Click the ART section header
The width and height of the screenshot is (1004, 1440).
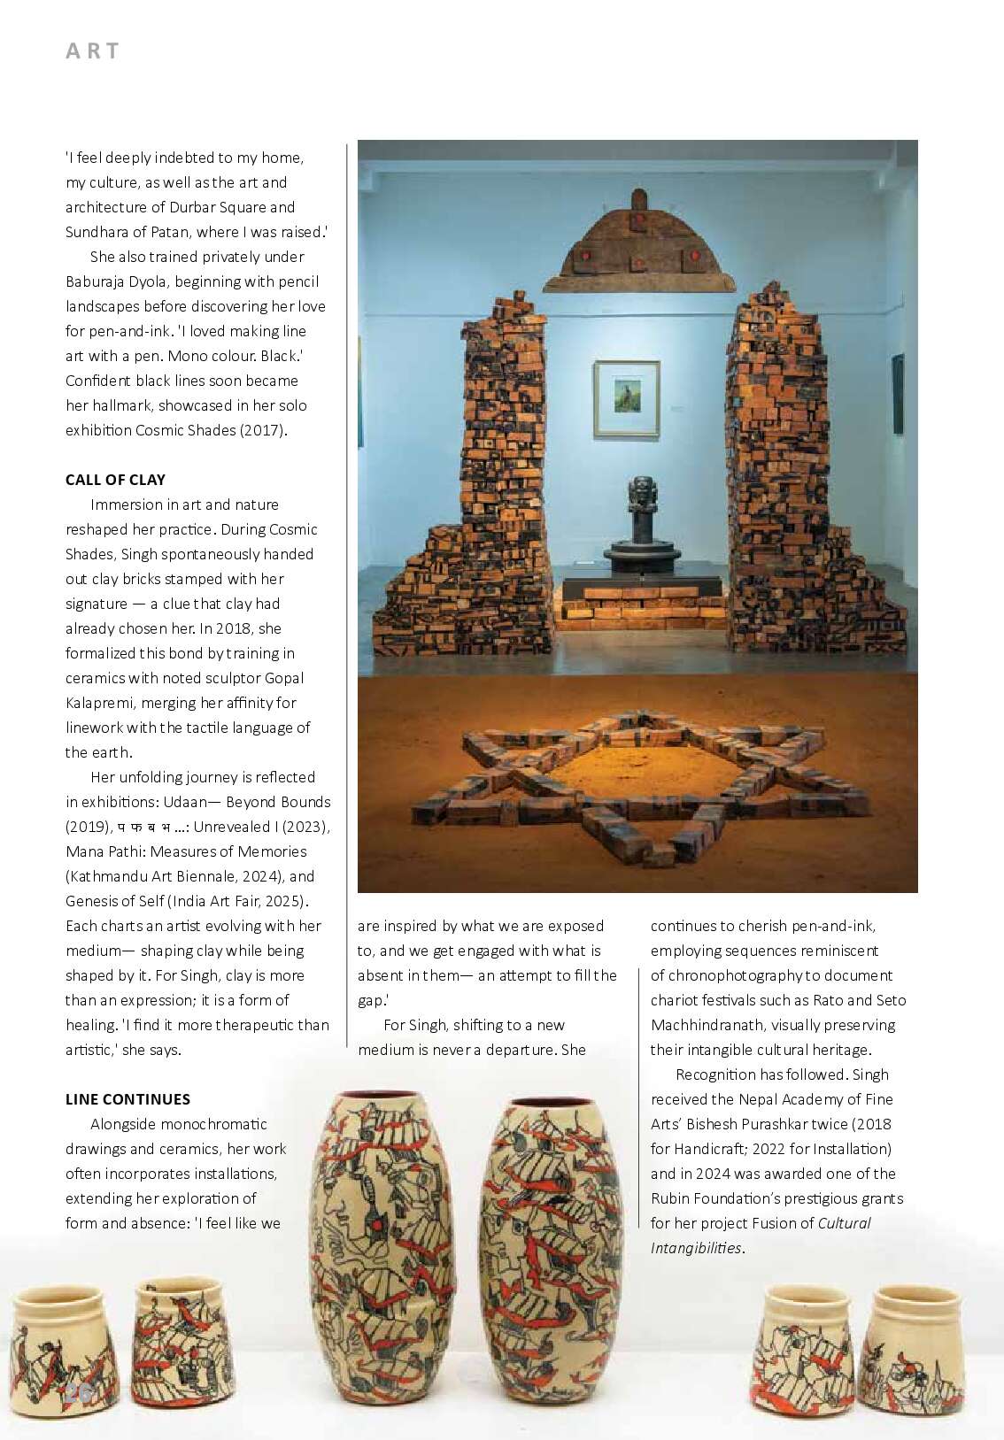92,51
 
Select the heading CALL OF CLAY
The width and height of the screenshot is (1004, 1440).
115,480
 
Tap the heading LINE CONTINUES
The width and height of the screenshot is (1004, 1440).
127,1099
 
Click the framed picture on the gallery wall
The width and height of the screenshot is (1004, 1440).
627,398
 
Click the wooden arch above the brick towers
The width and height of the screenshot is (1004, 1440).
639,243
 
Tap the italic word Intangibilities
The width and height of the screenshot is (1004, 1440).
696,1248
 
